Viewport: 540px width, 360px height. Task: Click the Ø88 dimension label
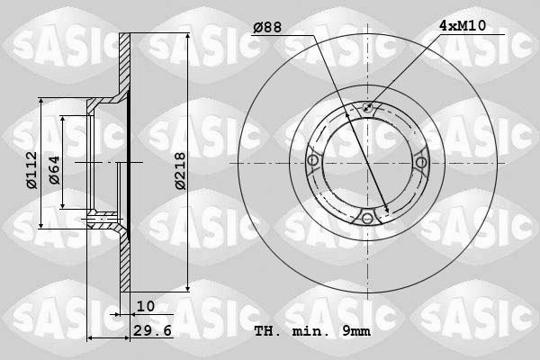click(x=267, y=27)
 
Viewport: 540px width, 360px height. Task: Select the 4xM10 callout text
click(x=463, y=25)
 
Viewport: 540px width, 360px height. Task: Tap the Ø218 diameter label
click(x=180, y=171)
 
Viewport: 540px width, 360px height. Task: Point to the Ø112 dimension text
click(x=31, y=170)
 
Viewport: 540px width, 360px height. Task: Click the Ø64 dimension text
click(x=54, y=170)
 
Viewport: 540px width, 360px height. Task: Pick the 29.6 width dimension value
click(x=152, y=330)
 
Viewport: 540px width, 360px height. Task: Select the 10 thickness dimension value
click(x=146, y=306)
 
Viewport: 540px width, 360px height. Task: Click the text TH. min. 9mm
click(x=312, y=331)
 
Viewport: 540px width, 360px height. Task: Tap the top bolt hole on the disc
click(x=367, y=107)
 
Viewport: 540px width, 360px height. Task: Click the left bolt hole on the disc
click(x=313, y=160)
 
